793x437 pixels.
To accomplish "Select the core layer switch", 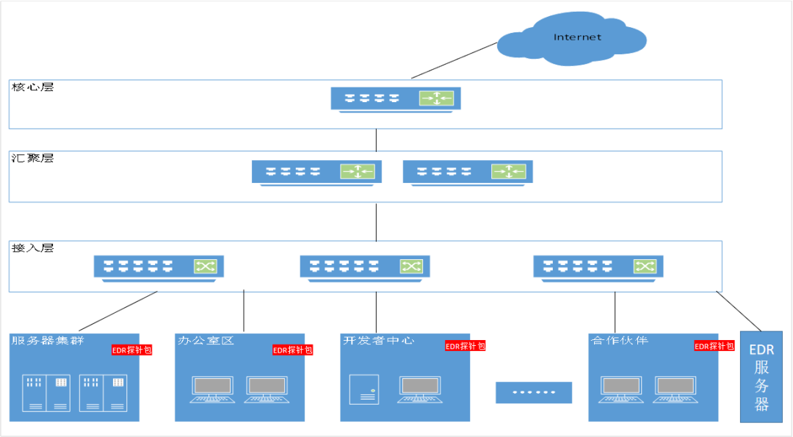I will tap(395, 98).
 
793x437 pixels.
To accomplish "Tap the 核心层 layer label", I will tap(33, 87).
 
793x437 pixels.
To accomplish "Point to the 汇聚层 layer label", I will tap(33, 159).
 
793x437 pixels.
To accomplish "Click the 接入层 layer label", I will tap(33, 248).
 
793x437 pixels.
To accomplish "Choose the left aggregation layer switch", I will tap(316, 172).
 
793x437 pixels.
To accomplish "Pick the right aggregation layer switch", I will tap(468, 172).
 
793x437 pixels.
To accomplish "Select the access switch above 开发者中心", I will tap(365, 267).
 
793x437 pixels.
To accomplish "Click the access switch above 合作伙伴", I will tap(598, 267).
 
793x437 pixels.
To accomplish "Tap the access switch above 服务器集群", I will tap(159, 267).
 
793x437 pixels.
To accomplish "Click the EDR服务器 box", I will tap(761, 377).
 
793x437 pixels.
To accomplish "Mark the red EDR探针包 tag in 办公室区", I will tap(292, 350).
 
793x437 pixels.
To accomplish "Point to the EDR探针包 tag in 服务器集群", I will tap(131, 350).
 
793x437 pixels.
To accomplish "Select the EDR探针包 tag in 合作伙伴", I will tap(714, 346).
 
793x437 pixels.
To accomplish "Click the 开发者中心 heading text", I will tap(379, 341).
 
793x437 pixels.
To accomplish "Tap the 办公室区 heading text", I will tap(206, 341).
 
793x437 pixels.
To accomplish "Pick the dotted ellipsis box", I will tap(533, 392).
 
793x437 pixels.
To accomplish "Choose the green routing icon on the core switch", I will tap(436, 98).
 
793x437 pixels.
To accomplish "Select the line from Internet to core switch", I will tap(454, 60).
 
